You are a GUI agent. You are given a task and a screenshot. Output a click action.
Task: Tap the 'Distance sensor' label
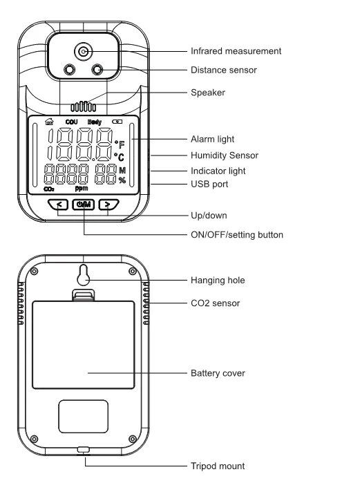(x=227, y=69)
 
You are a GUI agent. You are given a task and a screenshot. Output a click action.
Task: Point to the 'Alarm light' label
(x=213, y=139)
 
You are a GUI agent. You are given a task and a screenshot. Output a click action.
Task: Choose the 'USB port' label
(x=209, y=184)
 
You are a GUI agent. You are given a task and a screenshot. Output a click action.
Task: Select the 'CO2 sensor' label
(x=214, y=303)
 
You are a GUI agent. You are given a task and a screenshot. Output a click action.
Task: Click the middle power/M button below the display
(x=84, y=204)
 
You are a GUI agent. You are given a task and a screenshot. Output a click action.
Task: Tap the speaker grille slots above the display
(x=83, y=108)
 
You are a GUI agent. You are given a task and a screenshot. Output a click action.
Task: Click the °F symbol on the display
(x=121, y=144)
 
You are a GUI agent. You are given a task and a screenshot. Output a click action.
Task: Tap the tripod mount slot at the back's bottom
(x=83, y=449)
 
